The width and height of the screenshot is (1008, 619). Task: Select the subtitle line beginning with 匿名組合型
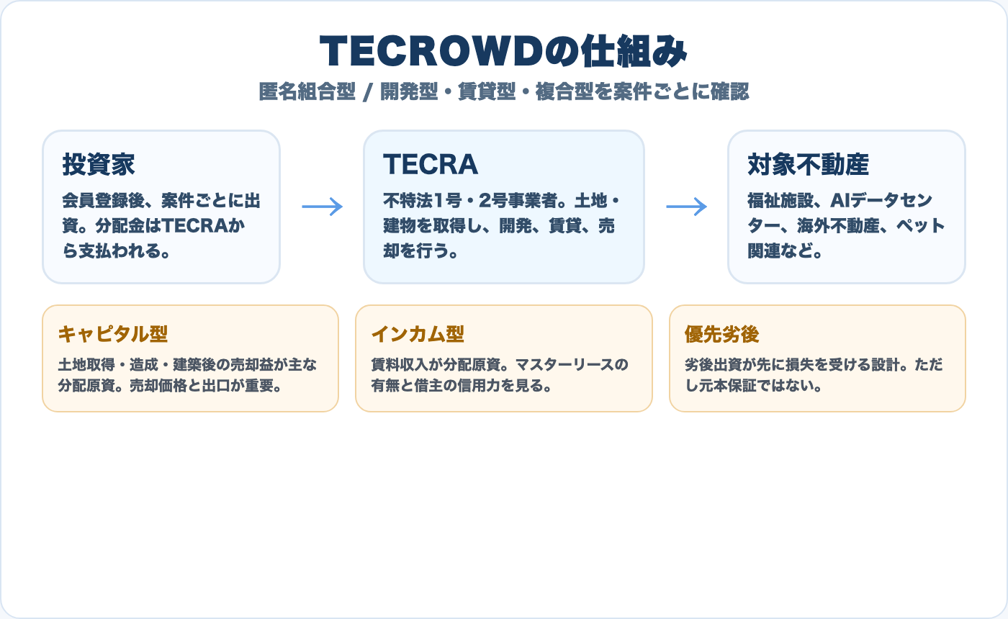[504, 92]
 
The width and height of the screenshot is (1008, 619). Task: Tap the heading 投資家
[99, 164]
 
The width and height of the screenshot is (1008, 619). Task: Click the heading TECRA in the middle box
[431, 164]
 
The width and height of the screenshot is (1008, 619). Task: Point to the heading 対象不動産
[809, 164]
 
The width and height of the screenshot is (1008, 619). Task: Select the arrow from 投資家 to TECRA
[322, 207]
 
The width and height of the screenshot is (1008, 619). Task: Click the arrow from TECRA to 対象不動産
[686, 207]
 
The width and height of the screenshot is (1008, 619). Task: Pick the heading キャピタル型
[112, 334]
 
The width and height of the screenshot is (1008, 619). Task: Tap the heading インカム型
[418, 334]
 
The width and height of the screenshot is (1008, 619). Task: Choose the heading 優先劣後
[722, 334]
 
